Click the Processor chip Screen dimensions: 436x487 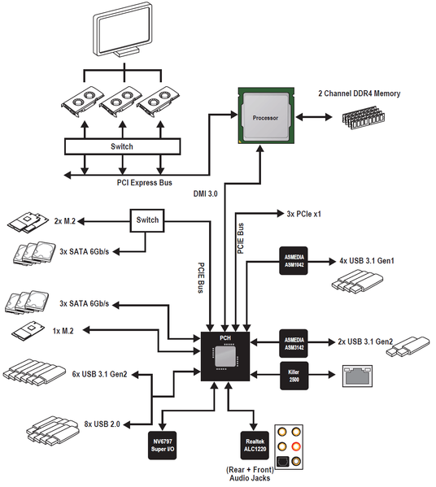266,115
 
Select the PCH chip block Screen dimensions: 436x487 225,356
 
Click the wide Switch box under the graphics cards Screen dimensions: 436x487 123,146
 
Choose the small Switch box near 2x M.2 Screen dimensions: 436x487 147,220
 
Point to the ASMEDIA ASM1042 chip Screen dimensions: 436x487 294,261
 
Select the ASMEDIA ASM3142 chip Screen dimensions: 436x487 294,344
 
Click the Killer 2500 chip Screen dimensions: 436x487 294,376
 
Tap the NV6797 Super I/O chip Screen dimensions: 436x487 162,446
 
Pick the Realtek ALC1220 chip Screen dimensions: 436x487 255,446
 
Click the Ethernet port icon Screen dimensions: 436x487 357,376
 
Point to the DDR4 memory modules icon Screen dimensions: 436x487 364,117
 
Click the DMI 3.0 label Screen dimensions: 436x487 206,193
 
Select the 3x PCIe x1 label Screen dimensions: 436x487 303,214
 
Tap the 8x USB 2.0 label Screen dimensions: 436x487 102,424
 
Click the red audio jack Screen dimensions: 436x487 296,446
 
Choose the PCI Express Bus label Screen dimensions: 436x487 144,183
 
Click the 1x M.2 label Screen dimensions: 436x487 63,331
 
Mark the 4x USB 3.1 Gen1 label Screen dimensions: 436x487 367,261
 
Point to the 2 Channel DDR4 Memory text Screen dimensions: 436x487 360,93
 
